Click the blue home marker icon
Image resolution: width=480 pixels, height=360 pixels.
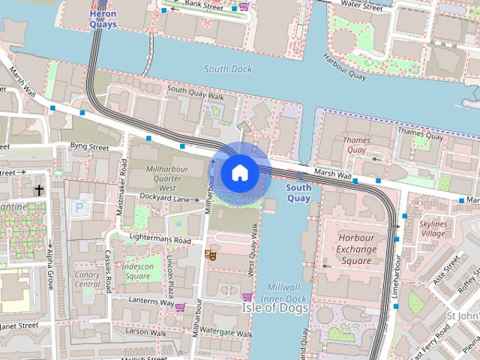(239, 173)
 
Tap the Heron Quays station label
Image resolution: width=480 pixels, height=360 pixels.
(103, 19)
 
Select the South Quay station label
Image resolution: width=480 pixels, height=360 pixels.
(298, 193)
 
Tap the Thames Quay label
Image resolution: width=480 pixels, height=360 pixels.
(356, 145)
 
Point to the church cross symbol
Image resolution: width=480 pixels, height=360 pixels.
(38, 190)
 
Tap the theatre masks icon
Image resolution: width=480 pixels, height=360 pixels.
(211, 255)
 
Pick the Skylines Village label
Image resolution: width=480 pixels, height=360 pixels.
(433, 229)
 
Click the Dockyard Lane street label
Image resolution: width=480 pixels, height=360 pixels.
(164, 198)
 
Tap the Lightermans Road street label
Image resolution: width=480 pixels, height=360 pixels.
(160, 239)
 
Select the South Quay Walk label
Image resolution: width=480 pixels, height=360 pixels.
(196, 93)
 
